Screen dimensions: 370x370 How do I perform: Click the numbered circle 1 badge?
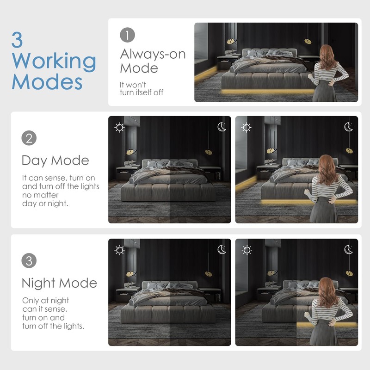[127, 35]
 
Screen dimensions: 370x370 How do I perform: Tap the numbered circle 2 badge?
[29, 138]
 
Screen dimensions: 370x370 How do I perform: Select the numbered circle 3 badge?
[29, 260]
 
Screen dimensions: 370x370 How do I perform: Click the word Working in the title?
[54, 62]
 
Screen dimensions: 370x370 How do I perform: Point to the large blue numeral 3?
[17, 40]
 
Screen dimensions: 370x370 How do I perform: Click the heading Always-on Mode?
[153, 61]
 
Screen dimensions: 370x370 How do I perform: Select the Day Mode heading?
[55, 161]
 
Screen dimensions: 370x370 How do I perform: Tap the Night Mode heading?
[59, 283]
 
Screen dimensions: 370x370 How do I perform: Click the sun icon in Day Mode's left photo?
[120, 127]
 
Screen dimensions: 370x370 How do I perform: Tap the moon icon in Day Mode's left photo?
[222, 127]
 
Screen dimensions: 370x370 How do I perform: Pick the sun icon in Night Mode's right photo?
[247, 250]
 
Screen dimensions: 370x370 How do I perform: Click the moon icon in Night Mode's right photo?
[349, 250]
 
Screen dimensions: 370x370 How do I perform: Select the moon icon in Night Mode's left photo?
[222, 250]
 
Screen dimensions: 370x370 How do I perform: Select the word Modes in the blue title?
[47, 82]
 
